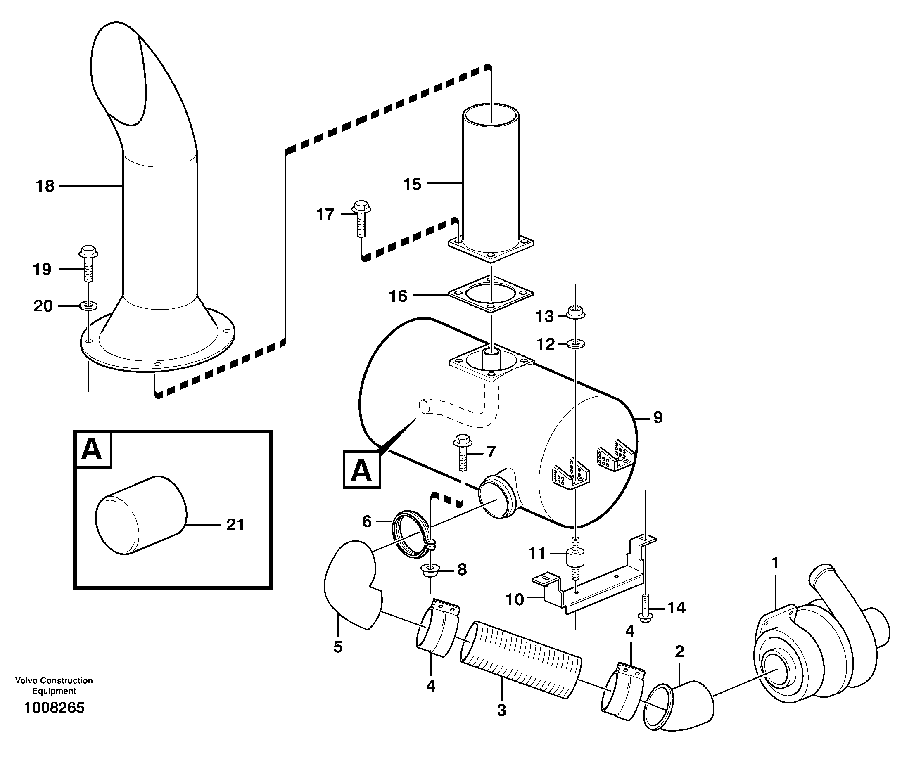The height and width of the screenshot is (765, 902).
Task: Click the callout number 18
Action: (x=45, y=186)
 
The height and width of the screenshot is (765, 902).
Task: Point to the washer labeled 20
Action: (x=88, y=306)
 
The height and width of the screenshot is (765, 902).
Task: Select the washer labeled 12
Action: (x=575, y=344)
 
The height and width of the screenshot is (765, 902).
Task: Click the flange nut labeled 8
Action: (x=430, y=571)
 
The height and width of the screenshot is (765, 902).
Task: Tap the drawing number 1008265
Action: (x=54, y=708)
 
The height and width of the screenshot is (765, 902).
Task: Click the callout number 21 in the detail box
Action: (x=235, y=525)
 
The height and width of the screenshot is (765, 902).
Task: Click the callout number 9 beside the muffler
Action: (x=658, y=418)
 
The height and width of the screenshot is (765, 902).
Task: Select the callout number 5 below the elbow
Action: (x=338, y=647)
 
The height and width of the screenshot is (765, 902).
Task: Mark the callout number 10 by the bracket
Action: (x=515, y=600)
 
